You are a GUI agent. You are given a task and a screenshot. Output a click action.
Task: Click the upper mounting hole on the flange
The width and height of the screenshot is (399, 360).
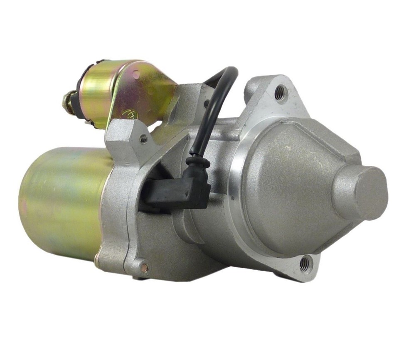pyautogui.click(x=280, y=92)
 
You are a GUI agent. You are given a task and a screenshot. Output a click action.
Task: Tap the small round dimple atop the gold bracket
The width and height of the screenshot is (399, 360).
pyautogui.click(x=135, y=75)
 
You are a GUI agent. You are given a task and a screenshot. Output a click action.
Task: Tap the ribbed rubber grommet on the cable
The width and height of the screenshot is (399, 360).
pyautogui.click(x=197, y=161)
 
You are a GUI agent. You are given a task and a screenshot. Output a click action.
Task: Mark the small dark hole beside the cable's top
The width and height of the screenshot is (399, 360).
pyautogui.click(x=206, y=103)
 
